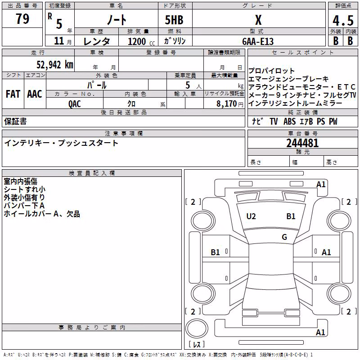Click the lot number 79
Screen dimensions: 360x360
click(x=22, y=19)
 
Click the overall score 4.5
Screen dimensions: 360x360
click(x=343, y=21)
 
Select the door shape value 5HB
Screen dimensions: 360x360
click(x=174, y=20)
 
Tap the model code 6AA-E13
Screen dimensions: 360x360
click(x=258, y=41)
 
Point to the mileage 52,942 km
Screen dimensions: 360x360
click(x=55, y=64)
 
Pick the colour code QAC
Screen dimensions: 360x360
click(x=75, y=104)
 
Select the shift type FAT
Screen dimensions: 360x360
click(x=13, y=94)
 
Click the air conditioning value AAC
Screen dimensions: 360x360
click(x=35, y=94)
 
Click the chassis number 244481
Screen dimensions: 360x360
click(x=302, y=143)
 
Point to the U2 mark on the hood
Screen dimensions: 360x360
click(x=251, y=216)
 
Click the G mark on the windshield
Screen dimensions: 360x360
click(x=284, y=237)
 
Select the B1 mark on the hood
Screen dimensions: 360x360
click(x=291, y=216)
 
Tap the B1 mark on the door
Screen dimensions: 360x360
click(x=216, y=252)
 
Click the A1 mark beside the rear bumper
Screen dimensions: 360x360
click(x=320, y=332)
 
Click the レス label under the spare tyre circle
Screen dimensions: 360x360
click(x=197, y=344)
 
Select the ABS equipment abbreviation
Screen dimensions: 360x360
click(x=289, y=121)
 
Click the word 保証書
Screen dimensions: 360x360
click(x=15, y=121)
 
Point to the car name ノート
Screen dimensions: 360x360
click(x=117, y=20)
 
